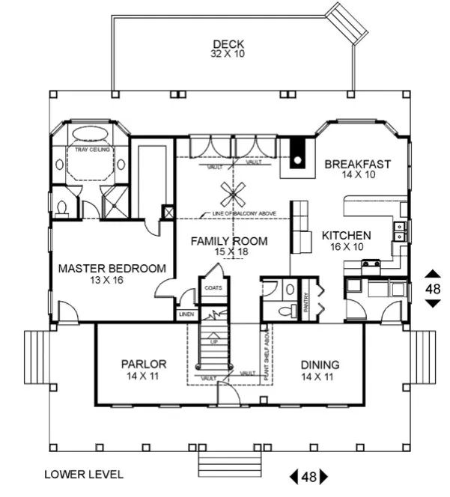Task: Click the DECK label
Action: coord(229,43)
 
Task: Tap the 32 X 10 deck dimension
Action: coord(229,54)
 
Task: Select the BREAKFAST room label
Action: coord(358,164)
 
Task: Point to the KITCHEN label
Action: coord(346,235)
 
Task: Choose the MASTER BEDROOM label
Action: coord(112,268)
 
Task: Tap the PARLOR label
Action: coord(143,365)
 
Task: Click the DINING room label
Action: coord(320,365)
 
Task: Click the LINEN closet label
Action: coord(187,314)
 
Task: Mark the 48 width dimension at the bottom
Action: coord(308,476)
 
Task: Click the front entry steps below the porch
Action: coord(228,464)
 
